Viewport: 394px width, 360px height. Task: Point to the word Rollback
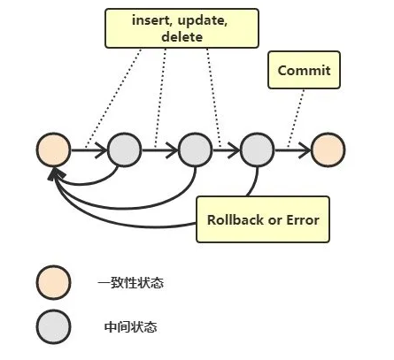(x=234, y=218)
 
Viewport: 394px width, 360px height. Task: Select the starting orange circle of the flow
(x=52, y=150)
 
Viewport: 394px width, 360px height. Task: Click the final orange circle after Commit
(x=328, y=150)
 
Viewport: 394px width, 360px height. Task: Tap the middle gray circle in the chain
(x=195, y=150)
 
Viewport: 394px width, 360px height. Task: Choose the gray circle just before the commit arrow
(x=257, y=150)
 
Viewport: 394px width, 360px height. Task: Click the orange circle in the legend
(x=52, y=283)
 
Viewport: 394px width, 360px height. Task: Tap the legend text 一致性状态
(x=130, y=283)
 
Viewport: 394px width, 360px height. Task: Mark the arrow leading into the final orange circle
(x=292, y=150)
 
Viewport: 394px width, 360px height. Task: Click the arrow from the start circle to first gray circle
(x=88, y=150)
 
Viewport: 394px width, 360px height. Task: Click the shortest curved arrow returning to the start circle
(x=89, y=182)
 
